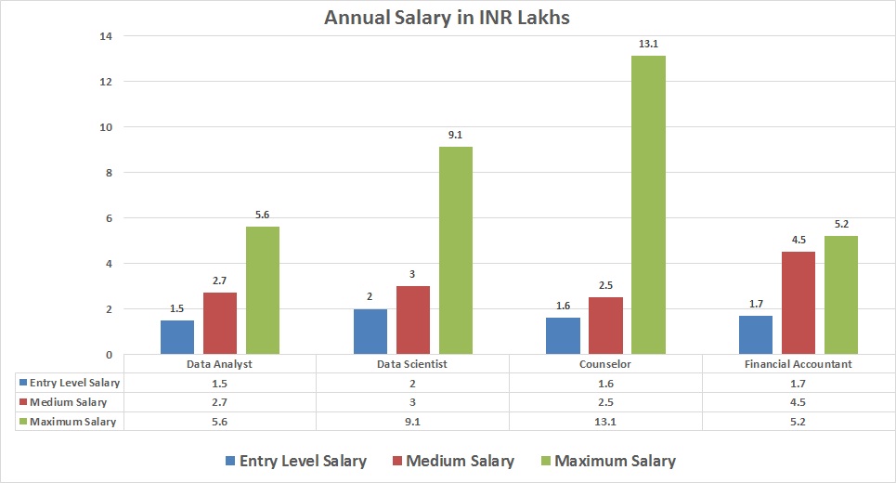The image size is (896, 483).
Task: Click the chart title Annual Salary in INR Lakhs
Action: tap(448, 18)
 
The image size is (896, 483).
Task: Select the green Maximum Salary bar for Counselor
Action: tap(648, 204)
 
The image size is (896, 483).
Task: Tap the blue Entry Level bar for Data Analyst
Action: tap(177, 336)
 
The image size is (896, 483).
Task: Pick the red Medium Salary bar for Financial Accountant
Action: tap(799, 303)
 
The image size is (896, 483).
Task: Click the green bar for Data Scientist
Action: tap(455, 250)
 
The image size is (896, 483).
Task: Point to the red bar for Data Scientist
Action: tap(413, 320)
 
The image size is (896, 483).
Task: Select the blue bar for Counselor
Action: tap(563, 335)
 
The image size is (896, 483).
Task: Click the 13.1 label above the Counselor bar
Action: tap(648, 44)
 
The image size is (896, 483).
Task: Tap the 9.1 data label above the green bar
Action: tap(455, 135)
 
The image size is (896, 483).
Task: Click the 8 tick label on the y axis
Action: tap(109, 173)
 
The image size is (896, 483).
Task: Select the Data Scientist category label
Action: tap(412, 364)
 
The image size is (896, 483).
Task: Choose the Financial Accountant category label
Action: tap(799, 364)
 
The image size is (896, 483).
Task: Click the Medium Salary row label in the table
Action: tap(69, 402)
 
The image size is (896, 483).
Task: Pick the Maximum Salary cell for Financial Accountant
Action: tap(799, 422)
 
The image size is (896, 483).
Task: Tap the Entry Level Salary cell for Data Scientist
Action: tap(412, 383)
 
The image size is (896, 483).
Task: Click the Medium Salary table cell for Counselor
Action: tap(605, 402)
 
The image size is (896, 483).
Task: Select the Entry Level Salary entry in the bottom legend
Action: tap(295, 461)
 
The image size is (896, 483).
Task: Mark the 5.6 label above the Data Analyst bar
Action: tap(262, 215)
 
